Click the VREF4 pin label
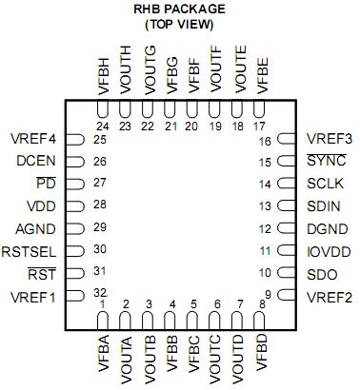[x=32, y=139]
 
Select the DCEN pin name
[x=35, y=161]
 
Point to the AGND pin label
[x=35, y=229]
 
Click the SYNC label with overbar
[x=326, y=161]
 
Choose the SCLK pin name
[x=326, y=184]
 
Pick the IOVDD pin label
[x=329, y=252]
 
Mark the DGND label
[x=327, y=229]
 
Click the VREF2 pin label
[x=330, y=298]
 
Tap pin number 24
[x=102, y=126]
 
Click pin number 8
[x=262, y=303]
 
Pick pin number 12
[x=266, y=229]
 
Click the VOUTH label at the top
[x=126, y=69]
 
